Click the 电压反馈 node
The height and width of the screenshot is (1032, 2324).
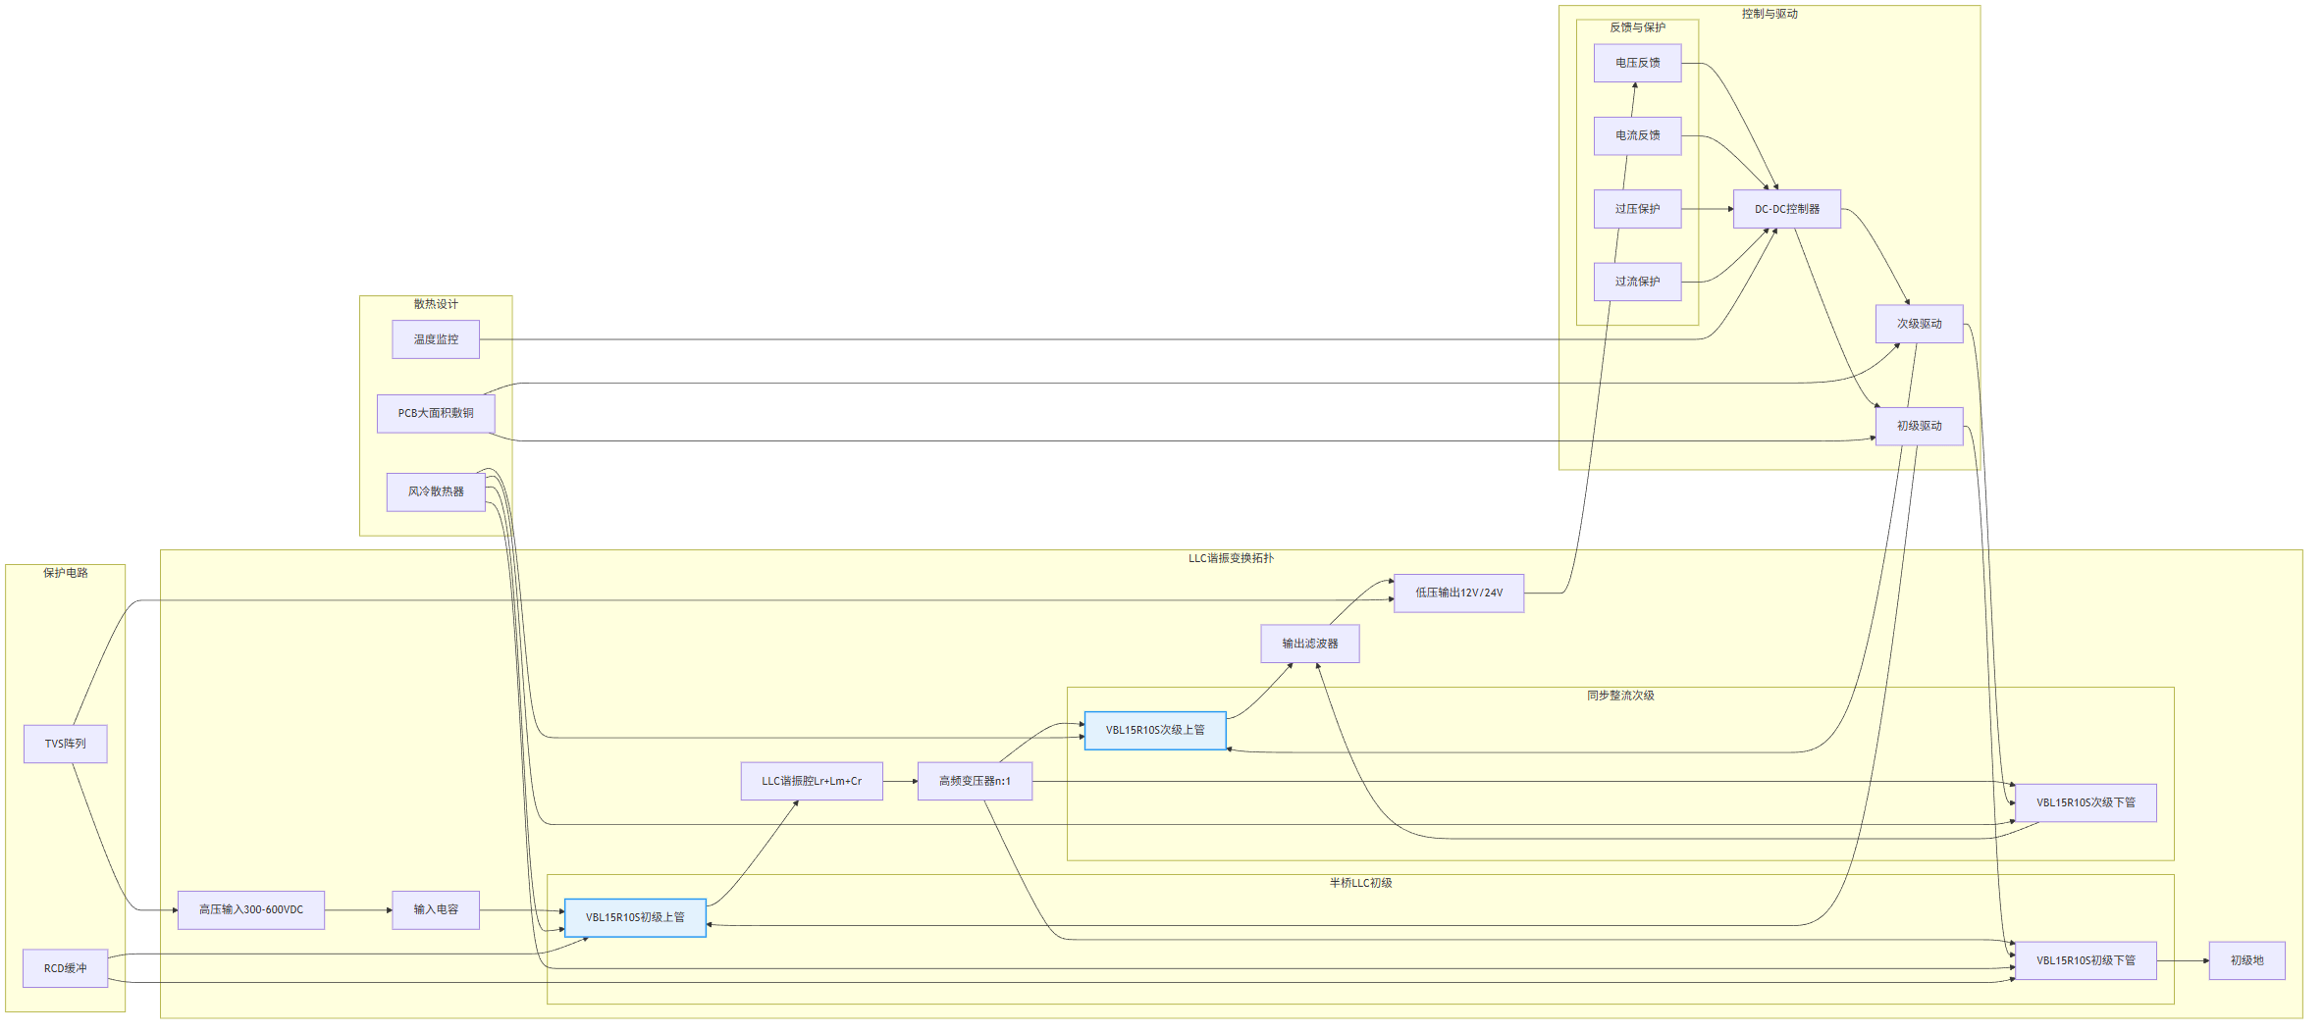[1637, 63]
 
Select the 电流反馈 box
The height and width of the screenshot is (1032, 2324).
[1637, 135]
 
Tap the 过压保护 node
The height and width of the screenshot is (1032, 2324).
[1637, 209]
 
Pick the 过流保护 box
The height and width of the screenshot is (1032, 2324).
[1637, 282]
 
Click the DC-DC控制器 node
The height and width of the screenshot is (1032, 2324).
[1786, 209]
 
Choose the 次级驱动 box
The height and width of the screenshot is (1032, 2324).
[1919, 324]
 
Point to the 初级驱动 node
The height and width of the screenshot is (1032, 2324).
[1919, 426]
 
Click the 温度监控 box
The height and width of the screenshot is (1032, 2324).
[436, 339]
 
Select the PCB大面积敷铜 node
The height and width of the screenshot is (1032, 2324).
[436, 413]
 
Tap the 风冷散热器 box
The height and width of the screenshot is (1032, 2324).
[436, 491]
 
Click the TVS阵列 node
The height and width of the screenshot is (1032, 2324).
[65, 744]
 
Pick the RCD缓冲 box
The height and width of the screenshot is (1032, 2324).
[65, 968]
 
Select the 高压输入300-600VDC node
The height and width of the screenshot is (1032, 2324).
[251, 909]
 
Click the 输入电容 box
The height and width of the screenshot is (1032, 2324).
[436, 909]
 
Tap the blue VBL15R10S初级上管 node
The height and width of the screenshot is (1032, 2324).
[635, 917]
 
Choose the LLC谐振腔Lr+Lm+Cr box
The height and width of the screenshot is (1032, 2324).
[812, 781]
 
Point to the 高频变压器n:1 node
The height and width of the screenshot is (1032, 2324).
[975, 781]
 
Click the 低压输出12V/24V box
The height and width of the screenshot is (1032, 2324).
[1458, 593]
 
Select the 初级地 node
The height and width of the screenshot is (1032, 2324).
[2246, 960]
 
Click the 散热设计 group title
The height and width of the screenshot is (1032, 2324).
[436, 304]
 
